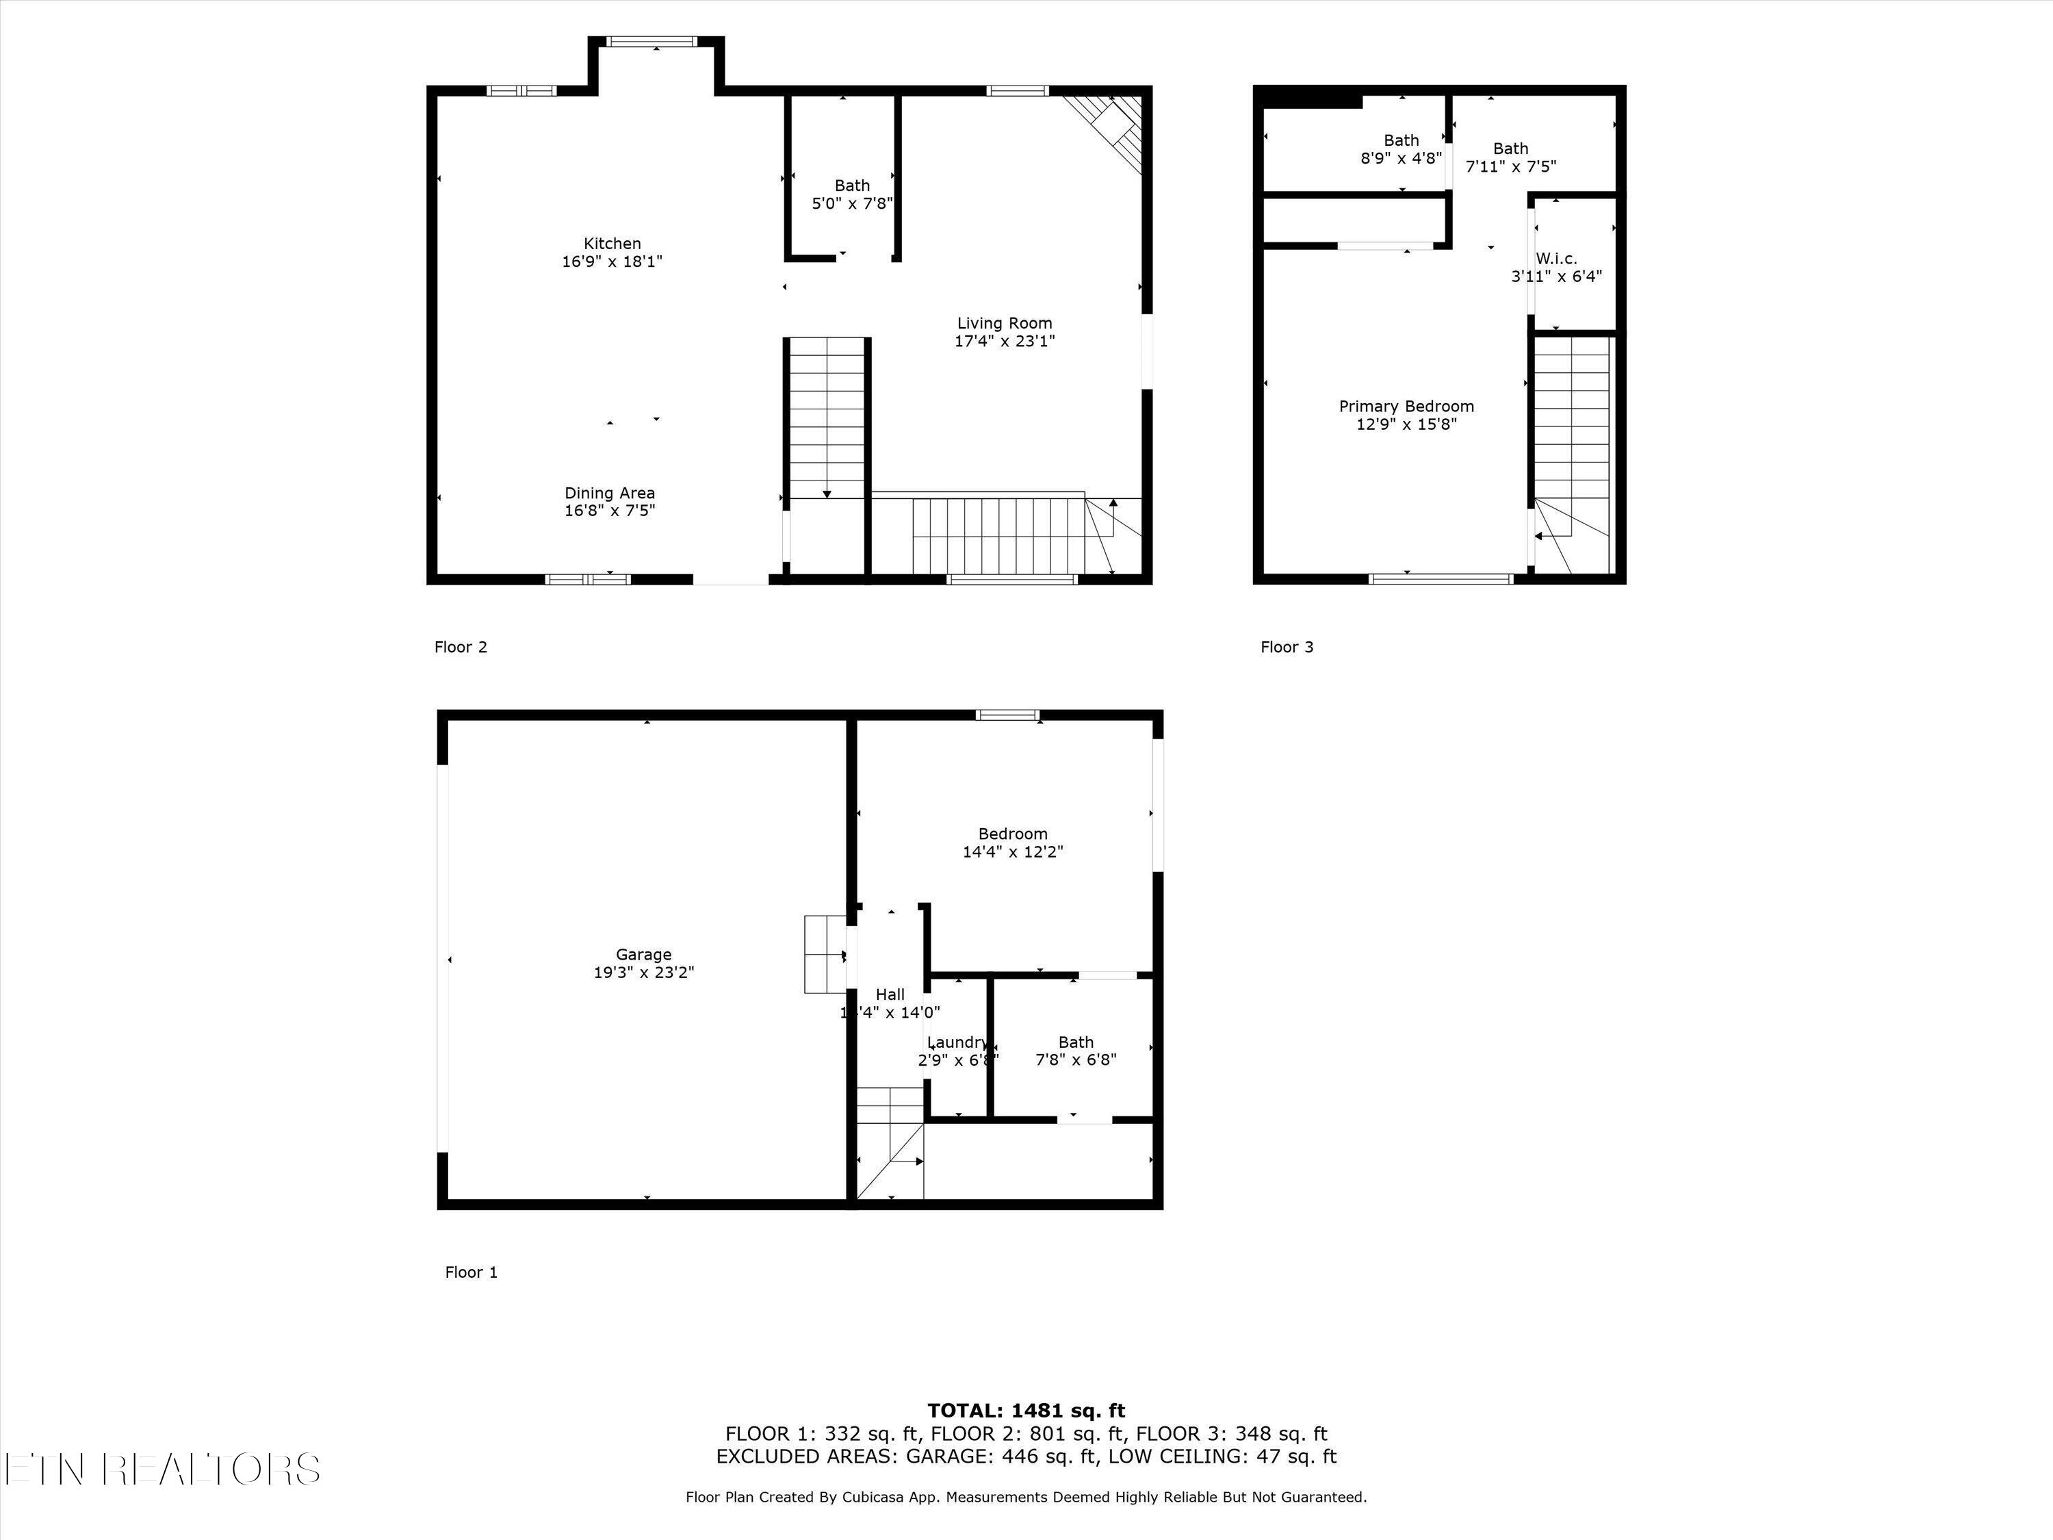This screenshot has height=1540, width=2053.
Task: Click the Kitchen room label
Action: click(x=612, y=244)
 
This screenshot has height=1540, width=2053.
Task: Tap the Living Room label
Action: click(x=1004, y=323)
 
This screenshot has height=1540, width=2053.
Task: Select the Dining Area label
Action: click(x=610, y=493)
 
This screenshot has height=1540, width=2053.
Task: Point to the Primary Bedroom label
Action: click(x=1406, y=407)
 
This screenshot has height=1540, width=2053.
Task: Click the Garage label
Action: click(x=643, y=954)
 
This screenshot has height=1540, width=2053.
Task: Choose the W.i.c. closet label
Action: click(x=1556, y=259)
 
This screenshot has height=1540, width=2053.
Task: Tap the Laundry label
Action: click(x=957, y=1042)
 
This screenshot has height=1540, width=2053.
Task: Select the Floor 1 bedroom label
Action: click(x=1013, y=834)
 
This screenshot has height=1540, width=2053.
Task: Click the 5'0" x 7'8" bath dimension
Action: click(x=852, y=203)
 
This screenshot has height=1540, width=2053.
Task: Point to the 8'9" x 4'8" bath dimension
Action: click(x=1401, y=158)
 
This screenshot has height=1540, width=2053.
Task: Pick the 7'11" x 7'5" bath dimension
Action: click(x=1510, y=166)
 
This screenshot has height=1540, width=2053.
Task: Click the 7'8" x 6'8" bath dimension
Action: click(x=1076, y=1059)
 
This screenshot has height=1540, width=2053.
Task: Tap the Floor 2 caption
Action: click(x=461, y=647)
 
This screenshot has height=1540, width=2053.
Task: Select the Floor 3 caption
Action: click(x=1287, y=647)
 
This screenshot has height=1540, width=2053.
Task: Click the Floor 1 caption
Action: click(x=472, y=1272)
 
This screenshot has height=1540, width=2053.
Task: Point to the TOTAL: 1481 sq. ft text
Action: click(x=1026, y=1411)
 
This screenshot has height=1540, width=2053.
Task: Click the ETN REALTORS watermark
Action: click(x=162, y=1470)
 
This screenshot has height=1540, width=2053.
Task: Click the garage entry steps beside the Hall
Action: click(x=824, y=954)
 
